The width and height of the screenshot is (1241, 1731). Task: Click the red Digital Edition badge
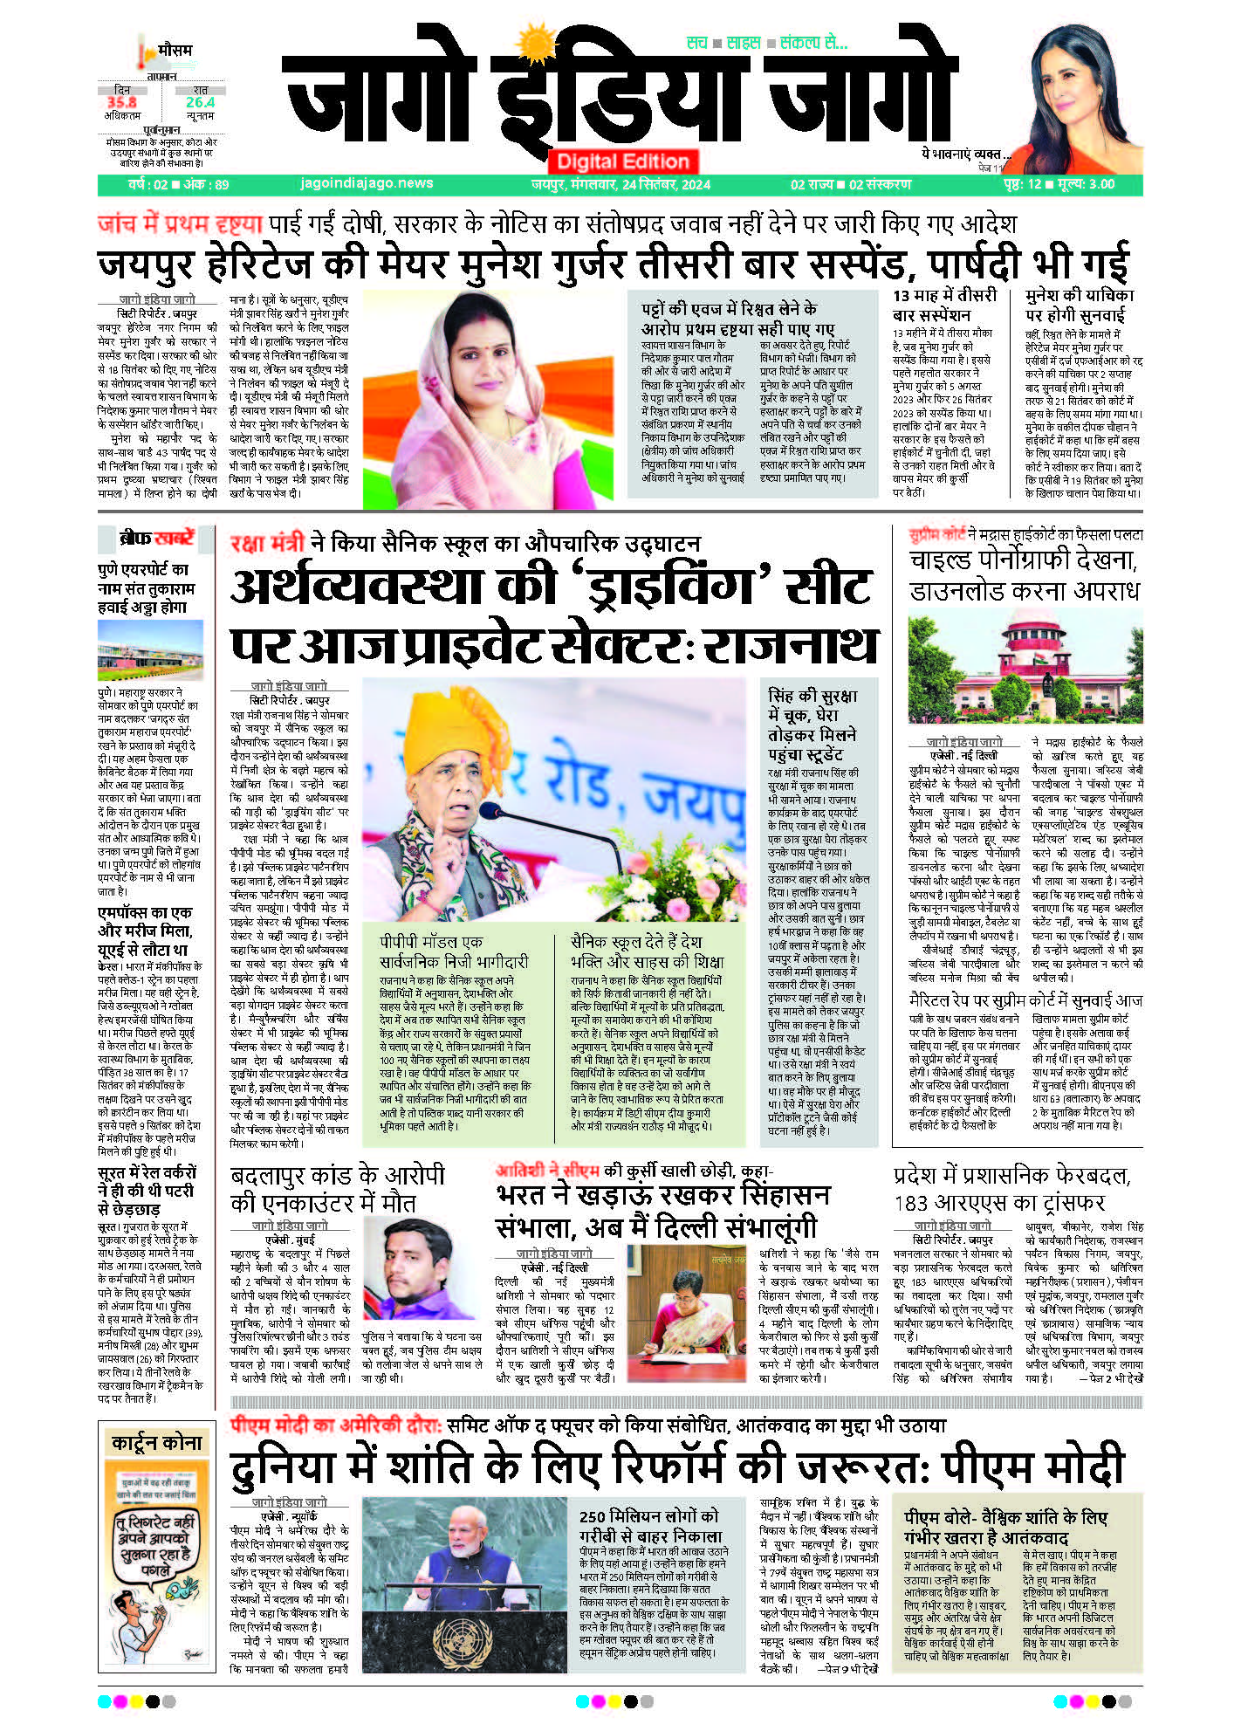tap(622, 161)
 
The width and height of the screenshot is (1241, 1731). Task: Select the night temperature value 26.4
tap(200, 103)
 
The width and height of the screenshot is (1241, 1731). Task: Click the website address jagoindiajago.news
tap(366, 183)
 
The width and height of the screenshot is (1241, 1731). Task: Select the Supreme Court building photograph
tap(1025, 668)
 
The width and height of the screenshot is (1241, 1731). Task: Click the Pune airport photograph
tap(150, 651)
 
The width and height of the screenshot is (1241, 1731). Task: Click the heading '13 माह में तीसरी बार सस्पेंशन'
tap(944, 305)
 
